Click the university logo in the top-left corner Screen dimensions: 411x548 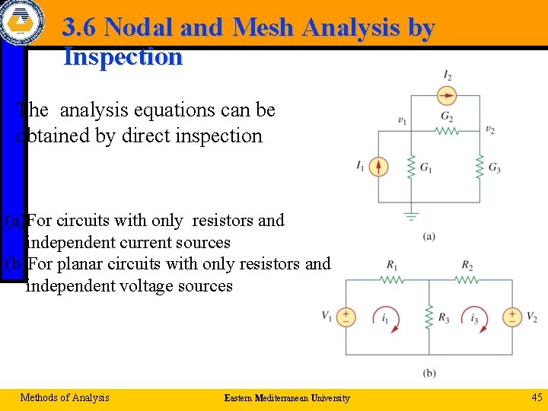coord(23,21)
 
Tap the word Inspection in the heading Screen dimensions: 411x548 coord(123,57)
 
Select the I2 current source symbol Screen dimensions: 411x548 coord(448,95)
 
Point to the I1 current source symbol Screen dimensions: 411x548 coord(379,166)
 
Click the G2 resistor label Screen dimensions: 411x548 coord(447,117)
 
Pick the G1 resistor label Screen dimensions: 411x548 coord(426,167)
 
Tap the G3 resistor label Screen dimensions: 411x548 coord(495,167)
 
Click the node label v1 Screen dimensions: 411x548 coord(402,120)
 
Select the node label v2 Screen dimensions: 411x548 coord(490,129)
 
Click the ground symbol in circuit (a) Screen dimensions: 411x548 coord(411,216)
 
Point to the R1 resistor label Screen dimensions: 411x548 coord(392,266)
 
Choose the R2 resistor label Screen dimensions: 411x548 coord(467,266)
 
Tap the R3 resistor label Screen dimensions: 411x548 coord(444,318)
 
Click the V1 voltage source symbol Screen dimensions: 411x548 coord(346,317)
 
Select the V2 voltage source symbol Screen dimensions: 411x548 coord(512,317)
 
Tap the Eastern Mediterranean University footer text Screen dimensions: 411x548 coord(287,398)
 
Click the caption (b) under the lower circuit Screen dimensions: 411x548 coord(429,373)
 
